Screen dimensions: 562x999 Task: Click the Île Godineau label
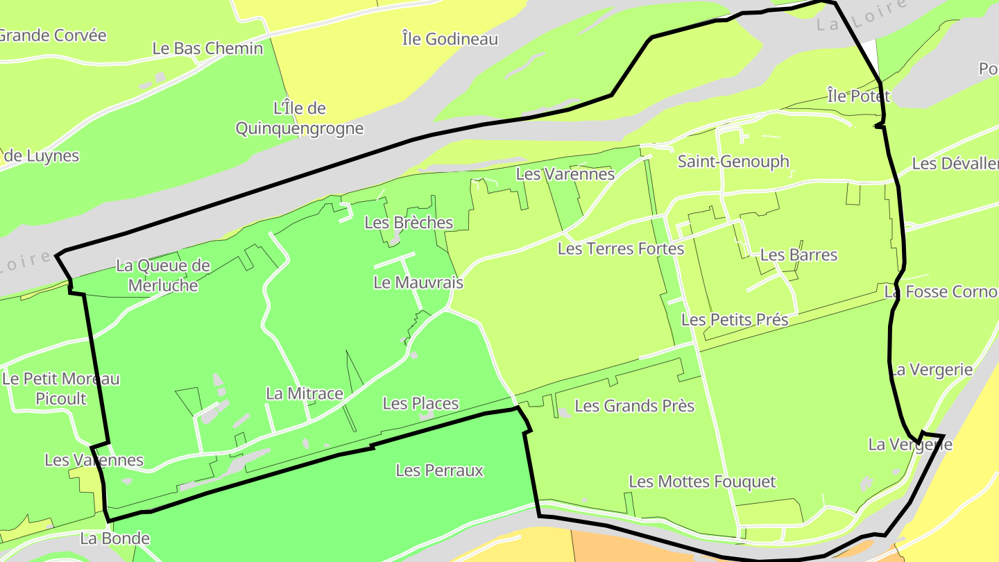coord(450,39)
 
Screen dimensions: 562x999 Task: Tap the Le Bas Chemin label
coord(207,49)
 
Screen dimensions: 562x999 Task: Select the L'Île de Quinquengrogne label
coord(300,119)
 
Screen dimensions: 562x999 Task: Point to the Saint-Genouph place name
coord(733,162)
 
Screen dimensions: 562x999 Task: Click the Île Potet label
coord(858,96)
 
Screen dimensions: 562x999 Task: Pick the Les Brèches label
coord(409,223)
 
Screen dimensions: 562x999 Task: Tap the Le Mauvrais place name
coord(418,282)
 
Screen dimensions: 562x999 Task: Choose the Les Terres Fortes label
coord(621,248)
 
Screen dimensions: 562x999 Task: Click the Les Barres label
coord(799,255)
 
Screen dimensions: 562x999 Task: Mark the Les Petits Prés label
coord(735,320)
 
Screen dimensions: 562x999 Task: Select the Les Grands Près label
coord(635,405)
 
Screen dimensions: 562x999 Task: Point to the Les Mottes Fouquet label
coord(702,482)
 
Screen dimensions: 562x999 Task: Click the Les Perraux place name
coord(439,470)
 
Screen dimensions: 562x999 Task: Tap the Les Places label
coord(420,403)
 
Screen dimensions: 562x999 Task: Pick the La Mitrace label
coord(305,393)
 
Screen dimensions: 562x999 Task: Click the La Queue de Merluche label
coord(163,275)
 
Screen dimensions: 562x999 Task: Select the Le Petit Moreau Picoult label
coord(61,389)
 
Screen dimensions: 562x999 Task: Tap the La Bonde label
coord(115,538)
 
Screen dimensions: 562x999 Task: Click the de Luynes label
coord(42,156)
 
